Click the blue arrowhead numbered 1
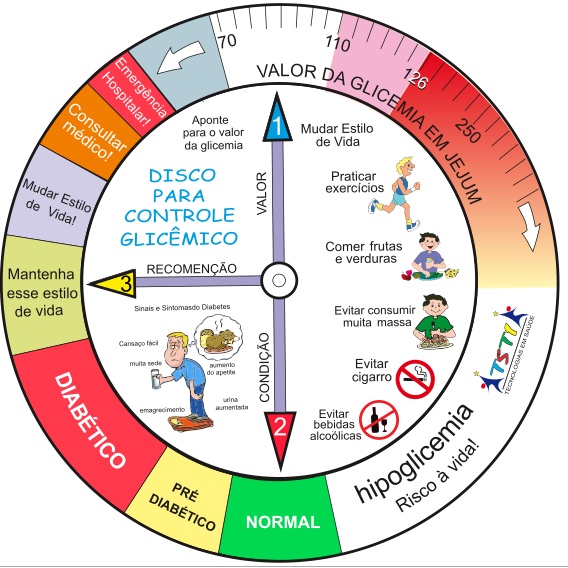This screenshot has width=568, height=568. click(x=277, y=120)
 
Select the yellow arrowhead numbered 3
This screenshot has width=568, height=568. click(x=115, y=284)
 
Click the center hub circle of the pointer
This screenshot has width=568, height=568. click(x=279, y=280)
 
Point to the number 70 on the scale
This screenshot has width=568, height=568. click(x=227, y=41)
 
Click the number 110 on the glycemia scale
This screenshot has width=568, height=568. click(x=338, y=43)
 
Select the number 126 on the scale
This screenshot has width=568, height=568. click(x=415, y=79)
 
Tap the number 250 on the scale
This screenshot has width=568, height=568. click(x=467, y=130)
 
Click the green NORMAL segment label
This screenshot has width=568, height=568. click(x=283, y=522)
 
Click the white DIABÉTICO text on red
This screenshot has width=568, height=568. click(x=90, y=420)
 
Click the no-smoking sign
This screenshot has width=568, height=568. click(x=415, y=379)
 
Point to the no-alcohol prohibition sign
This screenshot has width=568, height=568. click(x=379, y=419)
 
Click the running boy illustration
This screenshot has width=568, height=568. click(x=395, y=194)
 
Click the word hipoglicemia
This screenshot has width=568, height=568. click(x=414, y=453)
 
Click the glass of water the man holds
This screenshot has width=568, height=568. click(x=156, y=379)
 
